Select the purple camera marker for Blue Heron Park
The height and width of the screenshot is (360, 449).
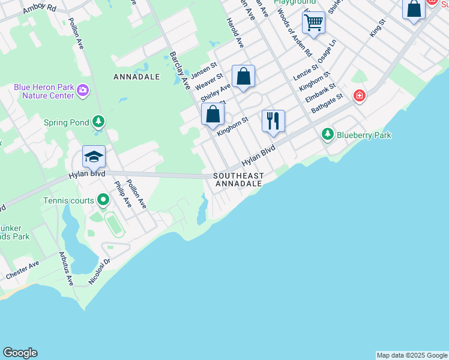coord(83,91)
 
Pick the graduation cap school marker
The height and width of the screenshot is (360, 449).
coord(94,157)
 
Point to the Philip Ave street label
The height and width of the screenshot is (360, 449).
coord(122,195)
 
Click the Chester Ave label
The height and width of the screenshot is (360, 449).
coord(22,270)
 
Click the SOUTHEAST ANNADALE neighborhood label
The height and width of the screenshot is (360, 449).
coord(239,179)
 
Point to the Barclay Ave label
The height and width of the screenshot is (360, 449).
coord(178,69)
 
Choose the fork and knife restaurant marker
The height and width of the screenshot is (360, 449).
coord(273,120)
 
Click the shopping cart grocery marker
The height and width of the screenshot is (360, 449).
coord(313,23)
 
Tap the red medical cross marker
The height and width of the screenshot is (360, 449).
coord(359,96)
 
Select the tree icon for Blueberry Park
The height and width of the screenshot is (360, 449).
coord(327,134)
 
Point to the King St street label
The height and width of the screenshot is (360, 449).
coord(377,28)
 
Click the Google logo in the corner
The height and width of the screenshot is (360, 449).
coord(20,353)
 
